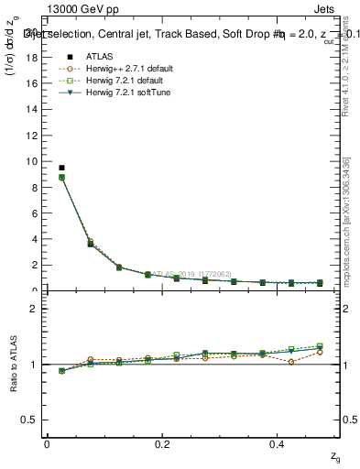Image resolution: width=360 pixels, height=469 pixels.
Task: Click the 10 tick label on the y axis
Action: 34,161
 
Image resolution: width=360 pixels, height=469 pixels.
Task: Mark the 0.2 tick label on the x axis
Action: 163,445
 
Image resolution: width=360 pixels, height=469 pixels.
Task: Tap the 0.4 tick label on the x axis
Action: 279,445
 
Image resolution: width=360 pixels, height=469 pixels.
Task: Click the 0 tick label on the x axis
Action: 47,445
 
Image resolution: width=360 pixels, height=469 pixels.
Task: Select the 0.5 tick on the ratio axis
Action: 32,420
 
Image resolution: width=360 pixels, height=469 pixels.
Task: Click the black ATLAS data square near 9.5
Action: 61,168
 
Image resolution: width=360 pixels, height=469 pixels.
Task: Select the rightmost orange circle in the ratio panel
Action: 320,352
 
